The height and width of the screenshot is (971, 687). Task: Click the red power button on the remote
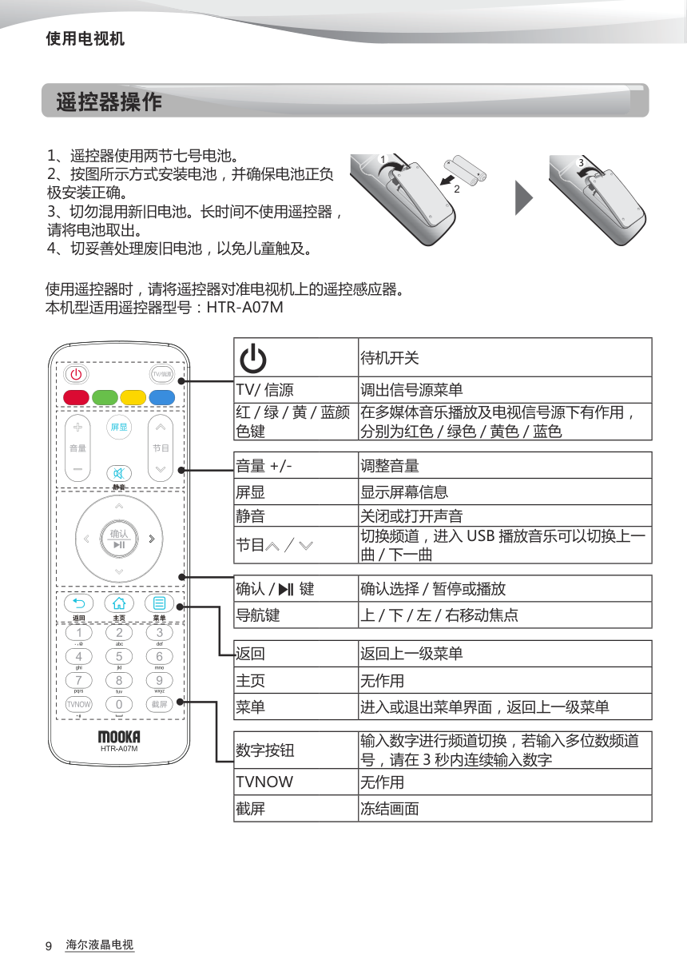coord(76,374)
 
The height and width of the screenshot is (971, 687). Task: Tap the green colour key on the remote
coord(105,397)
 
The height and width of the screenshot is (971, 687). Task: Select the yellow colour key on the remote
coord(133,397)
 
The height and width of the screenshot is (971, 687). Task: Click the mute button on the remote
coord(119,473)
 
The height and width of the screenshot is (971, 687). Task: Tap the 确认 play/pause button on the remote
coord(119,538)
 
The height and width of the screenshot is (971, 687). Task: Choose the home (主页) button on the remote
coord(119,603)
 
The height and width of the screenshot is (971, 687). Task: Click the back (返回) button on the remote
coord(78,603)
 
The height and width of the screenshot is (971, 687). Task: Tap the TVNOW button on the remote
coord(78,704)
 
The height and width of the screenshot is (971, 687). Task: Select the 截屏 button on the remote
coord(159,704)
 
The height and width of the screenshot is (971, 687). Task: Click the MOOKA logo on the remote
coord(119,736)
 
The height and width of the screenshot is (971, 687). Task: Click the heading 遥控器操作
coord(109,102)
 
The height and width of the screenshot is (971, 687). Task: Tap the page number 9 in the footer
coord(49,946)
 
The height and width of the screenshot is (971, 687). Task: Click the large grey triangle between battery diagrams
coord(523,197)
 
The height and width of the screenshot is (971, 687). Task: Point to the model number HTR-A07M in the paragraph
coord(244,307)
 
